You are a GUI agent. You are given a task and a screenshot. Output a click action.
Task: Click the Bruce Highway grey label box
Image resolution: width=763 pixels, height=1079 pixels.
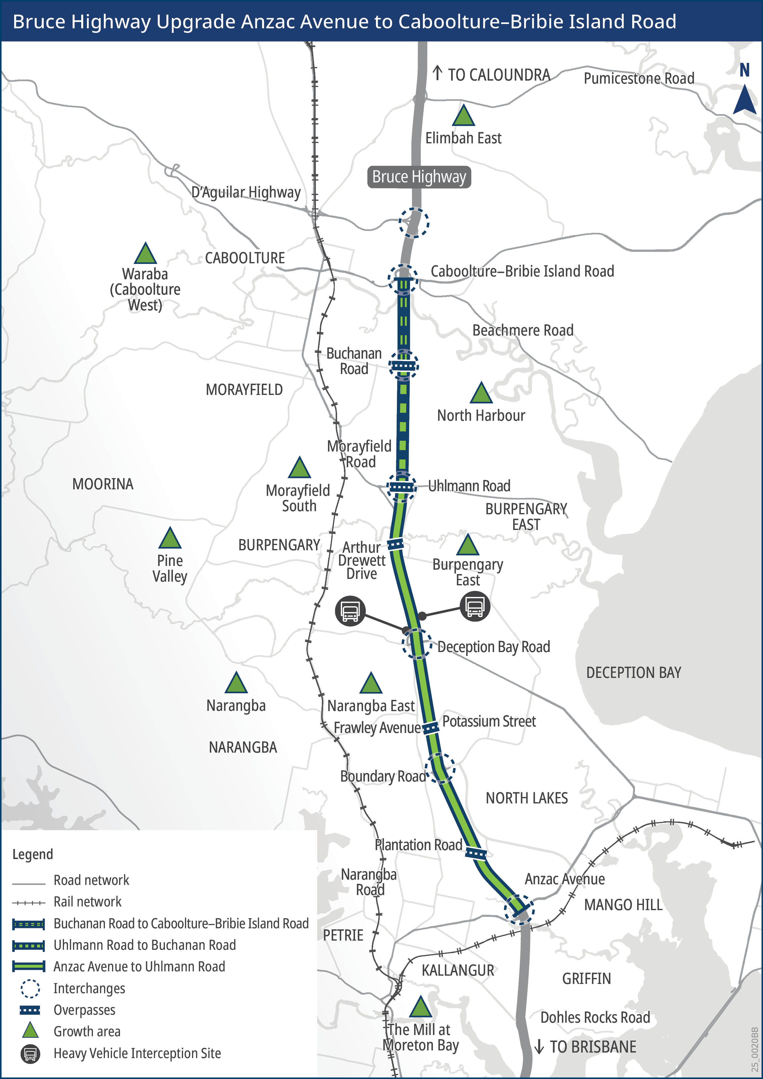pyautogui.click(x=418, y=177)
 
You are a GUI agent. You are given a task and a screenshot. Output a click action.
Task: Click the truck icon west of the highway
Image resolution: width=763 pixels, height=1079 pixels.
pyautogui.click(x=350, y=611)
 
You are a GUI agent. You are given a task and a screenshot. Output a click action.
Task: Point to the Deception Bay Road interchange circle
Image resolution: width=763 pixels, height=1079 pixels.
pyautogui.click(x=417, y=644)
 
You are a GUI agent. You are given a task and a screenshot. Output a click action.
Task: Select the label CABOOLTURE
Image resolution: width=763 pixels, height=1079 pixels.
pyautogui.click(x=245, y=258)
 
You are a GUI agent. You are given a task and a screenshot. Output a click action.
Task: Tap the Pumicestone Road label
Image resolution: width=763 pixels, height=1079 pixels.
pyautogui.click(x=639, y=78)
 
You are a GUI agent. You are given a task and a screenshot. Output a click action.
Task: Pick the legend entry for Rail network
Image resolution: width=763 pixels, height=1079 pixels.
pyautogui.click(x=87, y=902)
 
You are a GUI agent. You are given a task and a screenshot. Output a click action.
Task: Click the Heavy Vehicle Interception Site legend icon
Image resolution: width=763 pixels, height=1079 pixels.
pyautogui.click(x=30, y=1053)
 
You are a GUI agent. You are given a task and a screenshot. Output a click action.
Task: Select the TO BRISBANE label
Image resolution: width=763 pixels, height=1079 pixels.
pyautogui.click(x=592, y=1047)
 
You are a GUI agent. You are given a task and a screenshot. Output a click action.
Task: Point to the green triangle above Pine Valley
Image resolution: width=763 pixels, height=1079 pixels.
pyautogui.click(x=170, y=539)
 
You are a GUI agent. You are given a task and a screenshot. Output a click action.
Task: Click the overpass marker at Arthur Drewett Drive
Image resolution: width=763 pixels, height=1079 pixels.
pyautogui.click(x=395, y=544)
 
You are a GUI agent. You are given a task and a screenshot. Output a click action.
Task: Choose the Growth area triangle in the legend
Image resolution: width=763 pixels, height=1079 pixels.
pyautogui.click(x=30, y=1031)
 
